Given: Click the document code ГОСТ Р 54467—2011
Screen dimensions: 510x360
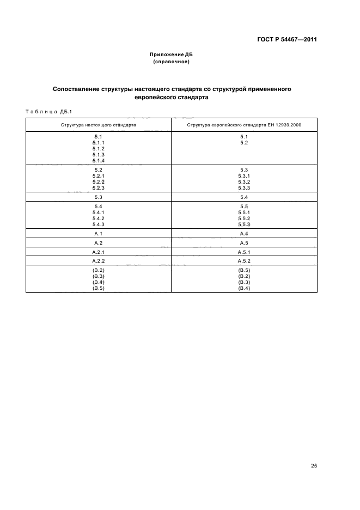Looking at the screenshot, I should click(x=287, y=40).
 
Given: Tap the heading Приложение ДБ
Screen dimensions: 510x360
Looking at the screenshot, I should click(x=171, y=55).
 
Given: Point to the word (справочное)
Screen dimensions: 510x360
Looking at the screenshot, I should click(x=171, y=62).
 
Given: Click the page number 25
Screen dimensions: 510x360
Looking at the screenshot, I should click(x=314, y=466).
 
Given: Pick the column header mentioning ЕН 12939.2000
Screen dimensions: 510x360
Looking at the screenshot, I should click(x=244, y=125).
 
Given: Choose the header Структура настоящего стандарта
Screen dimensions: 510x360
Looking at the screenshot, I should click(x=99, y=125).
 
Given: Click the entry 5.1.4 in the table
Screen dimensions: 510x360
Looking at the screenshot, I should click(x=99, y=161).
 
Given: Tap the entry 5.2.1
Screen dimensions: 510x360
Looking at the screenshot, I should click(x=99, y=176).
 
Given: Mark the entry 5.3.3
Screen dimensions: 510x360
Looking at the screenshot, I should click(x=244, y=188).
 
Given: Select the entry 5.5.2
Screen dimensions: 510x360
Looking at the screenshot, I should click(x=244, y=218).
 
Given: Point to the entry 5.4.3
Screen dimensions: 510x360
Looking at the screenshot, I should click(x=99, y=224).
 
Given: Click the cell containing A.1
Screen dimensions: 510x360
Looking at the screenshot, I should click(x=99, y=233).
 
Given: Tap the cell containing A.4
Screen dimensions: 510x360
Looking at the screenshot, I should click(x=244, y=233).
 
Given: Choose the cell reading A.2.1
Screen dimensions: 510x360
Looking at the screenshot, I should click(x=99, y=252).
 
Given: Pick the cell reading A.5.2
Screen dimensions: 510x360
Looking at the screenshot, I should click(x=244, y=261).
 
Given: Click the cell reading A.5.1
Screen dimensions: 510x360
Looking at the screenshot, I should click(x=244, y=252).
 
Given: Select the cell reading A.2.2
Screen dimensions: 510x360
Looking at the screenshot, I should click(x=99, y=261).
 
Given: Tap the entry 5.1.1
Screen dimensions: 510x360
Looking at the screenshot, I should click(x=99, y=143).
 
